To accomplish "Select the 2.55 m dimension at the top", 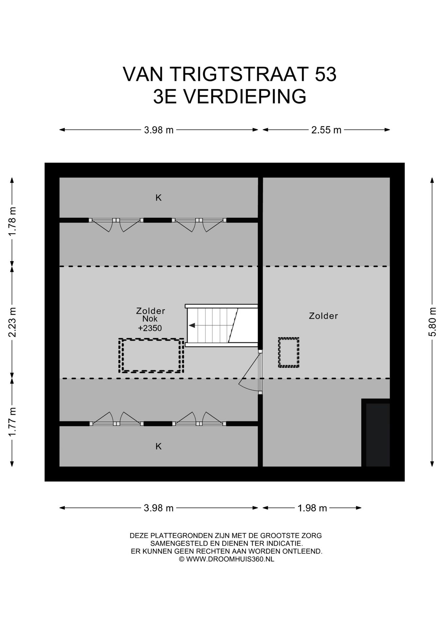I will (326, 130).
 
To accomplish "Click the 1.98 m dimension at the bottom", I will (312, 508).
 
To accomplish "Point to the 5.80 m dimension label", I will (432, 322).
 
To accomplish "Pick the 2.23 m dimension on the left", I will (12, 322).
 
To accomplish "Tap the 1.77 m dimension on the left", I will (12, 422).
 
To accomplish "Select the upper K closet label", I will (159, 198).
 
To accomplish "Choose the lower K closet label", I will (159, 446).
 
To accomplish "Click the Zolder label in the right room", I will (323, 316).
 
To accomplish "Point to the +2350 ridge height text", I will (150, 328).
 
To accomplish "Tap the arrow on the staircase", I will (192, 325).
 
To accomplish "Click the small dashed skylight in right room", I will (289, 352).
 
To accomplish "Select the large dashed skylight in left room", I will (151, 356).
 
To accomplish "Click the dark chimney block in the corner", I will (377, 434).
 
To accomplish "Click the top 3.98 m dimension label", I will (159, 130).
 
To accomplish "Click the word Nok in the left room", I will (150, 319).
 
